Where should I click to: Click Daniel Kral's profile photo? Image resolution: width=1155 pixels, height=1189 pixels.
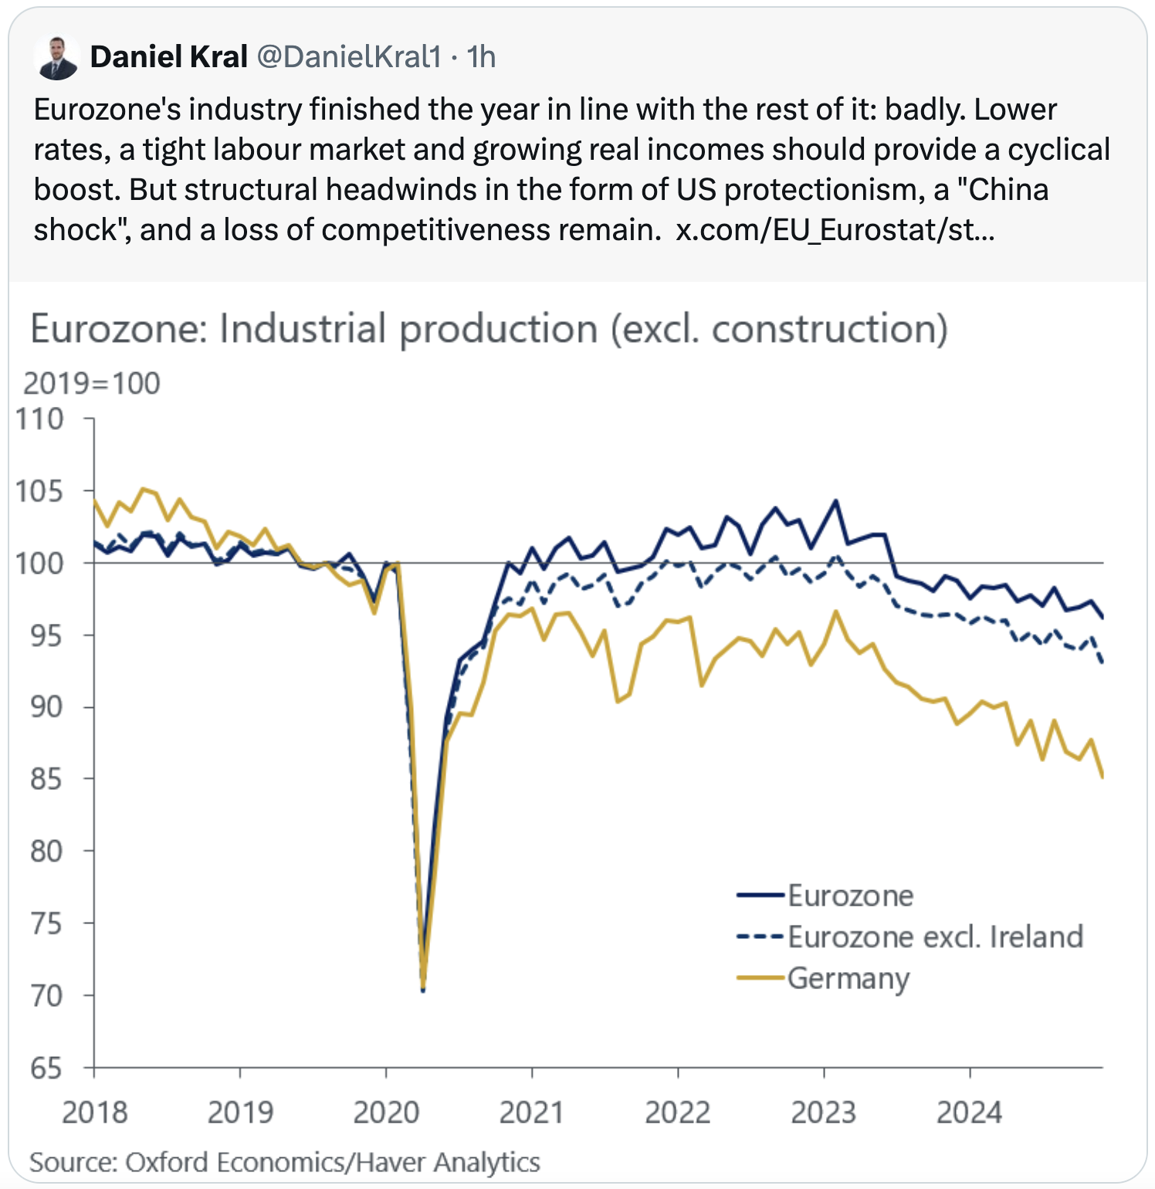[x=57, y=57]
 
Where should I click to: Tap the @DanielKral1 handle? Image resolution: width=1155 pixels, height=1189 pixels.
[x=348, y=57]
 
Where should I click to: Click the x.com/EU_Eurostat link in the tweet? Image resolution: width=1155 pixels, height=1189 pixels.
[x=835, y=230]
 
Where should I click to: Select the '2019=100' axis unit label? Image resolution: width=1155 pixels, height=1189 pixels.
[x=91, y=384]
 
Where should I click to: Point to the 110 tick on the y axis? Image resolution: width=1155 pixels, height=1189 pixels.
[x=39, y=419]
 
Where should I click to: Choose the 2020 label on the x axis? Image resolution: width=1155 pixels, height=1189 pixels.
[x=386, y=1113]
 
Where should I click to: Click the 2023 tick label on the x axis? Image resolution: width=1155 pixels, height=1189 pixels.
[x=824, y=1113]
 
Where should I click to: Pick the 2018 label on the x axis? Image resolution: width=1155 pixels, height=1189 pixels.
[x=94, y=1113]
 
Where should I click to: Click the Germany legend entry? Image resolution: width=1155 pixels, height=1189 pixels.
[x=848, y=978]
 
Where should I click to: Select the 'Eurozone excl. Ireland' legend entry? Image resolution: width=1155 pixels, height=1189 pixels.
[x=935, y=937]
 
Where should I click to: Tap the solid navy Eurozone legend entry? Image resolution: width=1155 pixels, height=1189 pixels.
[x=850, y=896]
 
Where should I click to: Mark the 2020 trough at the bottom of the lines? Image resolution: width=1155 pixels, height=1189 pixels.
[x=423, y=988]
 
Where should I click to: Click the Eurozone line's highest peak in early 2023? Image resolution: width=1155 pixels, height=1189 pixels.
[x=835, y=501]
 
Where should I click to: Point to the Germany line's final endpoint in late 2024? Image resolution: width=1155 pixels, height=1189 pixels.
[x=1102, y=777]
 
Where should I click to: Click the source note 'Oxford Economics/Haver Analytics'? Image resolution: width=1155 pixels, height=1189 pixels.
[x=332, y=1163]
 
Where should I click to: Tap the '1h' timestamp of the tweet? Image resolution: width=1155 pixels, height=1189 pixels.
[x=481, y=57]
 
